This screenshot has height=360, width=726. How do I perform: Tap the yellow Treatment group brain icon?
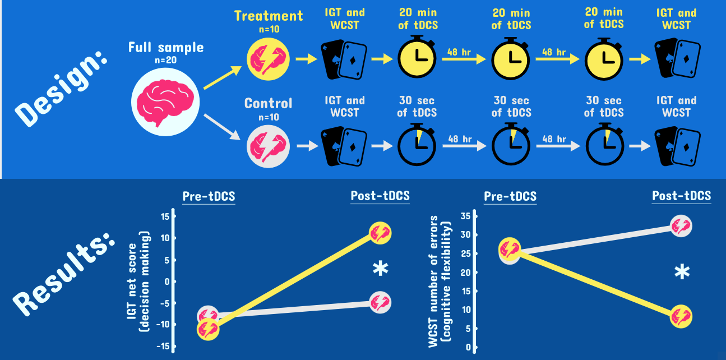268,58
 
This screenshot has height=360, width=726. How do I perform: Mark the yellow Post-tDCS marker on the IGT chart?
380,233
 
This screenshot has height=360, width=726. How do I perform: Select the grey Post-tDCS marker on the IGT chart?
380,302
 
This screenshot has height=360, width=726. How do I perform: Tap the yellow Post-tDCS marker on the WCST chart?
681,316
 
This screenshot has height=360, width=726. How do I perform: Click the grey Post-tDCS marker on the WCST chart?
681,225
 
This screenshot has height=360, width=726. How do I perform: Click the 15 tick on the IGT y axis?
164,217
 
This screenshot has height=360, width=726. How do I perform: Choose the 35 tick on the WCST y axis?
465,217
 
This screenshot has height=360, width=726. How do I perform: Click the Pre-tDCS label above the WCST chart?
510,196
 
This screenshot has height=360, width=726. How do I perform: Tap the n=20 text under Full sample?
165,61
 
